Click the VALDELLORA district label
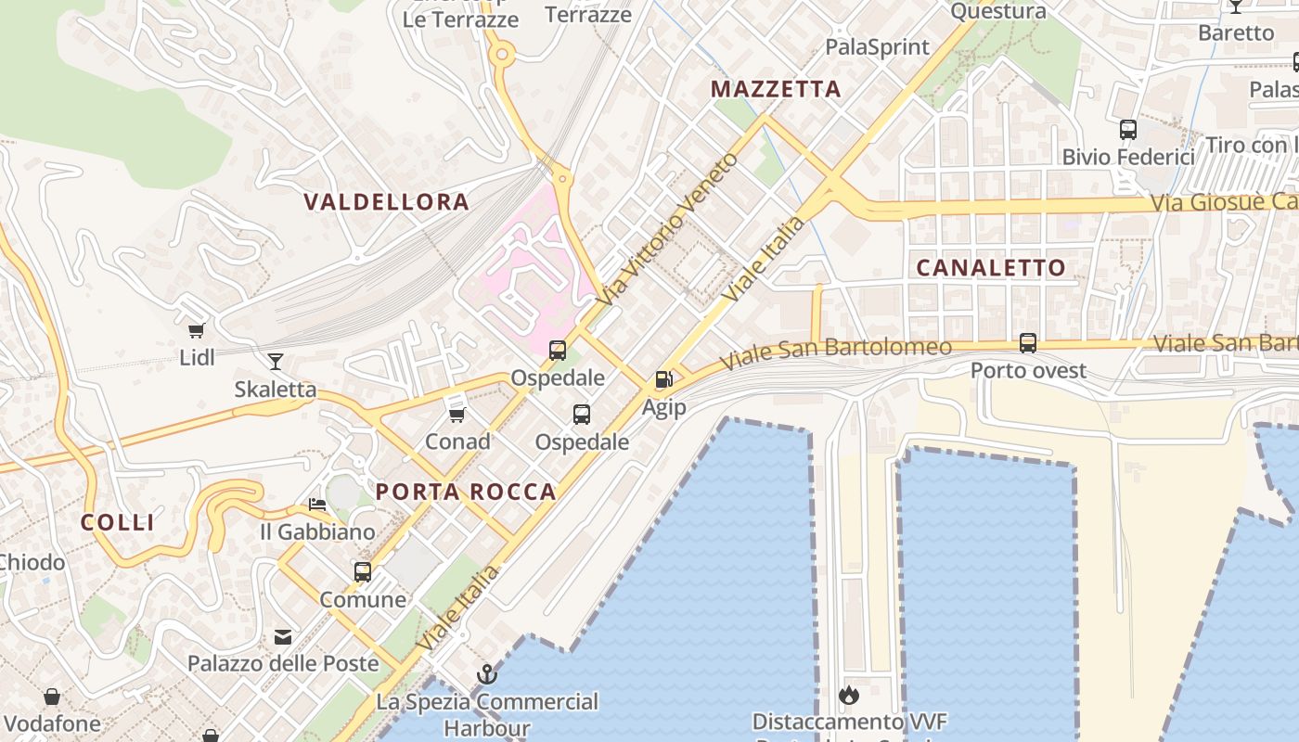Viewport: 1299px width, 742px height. click(x=386, y=201)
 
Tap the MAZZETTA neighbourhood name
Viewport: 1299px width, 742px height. click(x=776, y=89)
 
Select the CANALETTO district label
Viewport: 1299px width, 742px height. click(x=991, y=268)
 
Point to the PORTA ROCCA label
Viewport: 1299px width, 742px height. click(x=466, y=492)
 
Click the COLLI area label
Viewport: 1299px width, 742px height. click(x=118, y=522)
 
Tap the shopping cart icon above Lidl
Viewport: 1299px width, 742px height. click(x=196, y=330)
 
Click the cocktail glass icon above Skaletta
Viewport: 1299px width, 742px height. click(x=275, y=361)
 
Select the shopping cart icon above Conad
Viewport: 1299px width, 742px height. click(x=457, y=414)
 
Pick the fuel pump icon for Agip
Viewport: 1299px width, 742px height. click(x=663, y=378)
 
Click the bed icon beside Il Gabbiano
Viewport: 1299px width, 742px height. click(x=317, y=505)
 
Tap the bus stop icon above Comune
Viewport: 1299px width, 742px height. click(x=362, y=571)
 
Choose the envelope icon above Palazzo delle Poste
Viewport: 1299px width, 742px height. click(x=283, y=637)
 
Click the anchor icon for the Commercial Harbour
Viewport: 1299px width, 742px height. click(x=487, y=674)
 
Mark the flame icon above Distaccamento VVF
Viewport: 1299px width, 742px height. click(x=848, y=695)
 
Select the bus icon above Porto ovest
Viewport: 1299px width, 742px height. click(x=1027, y=343)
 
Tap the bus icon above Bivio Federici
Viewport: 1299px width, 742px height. click(x=1128, y=130)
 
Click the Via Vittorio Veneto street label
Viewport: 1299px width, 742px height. click(x=668, y=230)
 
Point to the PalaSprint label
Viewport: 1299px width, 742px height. click(x=877, y=46)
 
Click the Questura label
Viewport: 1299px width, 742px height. click(x=998, y=11)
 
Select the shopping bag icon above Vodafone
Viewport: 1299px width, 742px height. click(x=52, y=696)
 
